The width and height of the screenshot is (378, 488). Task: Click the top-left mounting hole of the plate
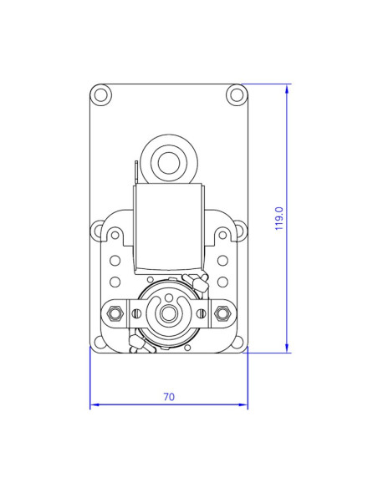(x=101, y=94)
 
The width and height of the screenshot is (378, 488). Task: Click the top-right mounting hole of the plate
(x=236, y=94)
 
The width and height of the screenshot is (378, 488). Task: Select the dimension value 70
(x=169, y=397)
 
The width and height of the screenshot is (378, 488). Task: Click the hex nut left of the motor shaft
(x=115, y=313)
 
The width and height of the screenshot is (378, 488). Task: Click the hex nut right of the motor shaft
(x=222, y=313)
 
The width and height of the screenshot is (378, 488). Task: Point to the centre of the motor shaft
(x=169, y=314)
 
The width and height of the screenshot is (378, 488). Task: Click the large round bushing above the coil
(x=169, y=161)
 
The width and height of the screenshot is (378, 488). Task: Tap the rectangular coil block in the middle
(x=169, y=227)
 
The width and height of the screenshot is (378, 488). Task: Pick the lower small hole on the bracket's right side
(x=222, y=282)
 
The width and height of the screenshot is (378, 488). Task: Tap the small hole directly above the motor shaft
(x=169, y=297)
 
